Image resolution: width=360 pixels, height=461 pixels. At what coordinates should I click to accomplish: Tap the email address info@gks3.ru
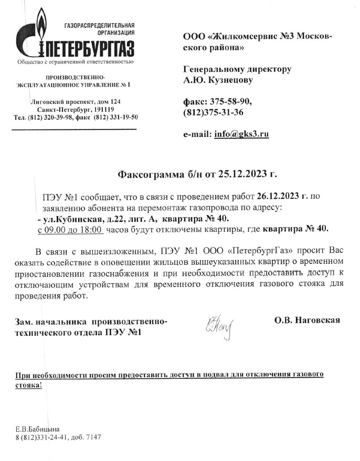click(241, 134)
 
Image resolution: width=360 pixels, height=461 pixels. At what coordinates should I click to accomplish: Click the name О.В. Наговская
click(307, 320)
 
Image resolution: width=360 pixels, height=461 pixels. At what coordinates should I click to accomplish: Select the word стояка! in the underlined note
click(28, 384)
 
